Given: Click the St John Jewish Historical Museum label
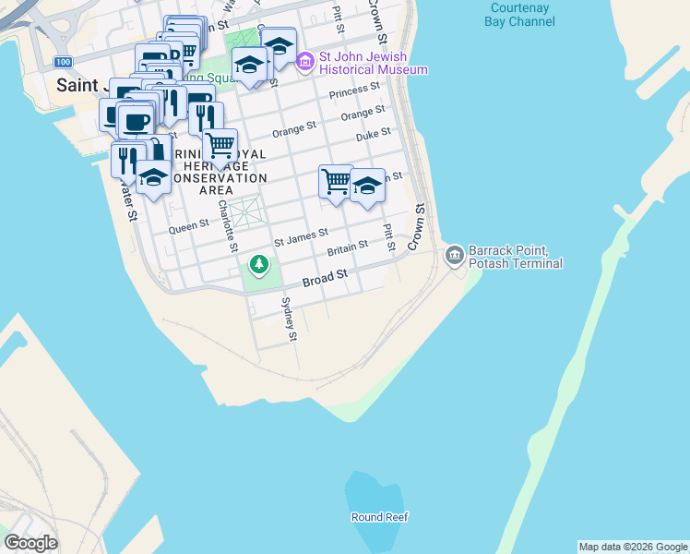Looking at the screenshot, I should tap(373, 63).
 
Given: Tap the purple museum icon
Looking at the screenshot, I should tap(305, 63).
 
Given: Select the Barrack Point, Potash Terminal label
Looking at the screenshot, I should tap(515, 257).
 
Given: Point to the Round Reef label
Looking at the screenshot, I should tap(379, 517).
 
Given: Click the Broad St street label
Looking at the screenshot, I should tap(327, 275).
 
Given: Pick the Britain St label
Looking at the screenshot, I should tap(347, 247).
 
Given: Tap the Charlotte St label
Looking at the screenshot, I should tap(227, 227).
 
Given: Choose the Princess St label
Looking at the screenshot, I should tap(354, 90).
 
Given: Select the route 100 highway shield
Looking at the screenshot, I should tap(62, 62).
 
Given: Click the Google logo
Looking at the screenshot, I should tap(30, 543).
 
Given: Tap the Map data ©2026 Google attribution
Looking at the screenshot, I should tap(633, 547).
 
